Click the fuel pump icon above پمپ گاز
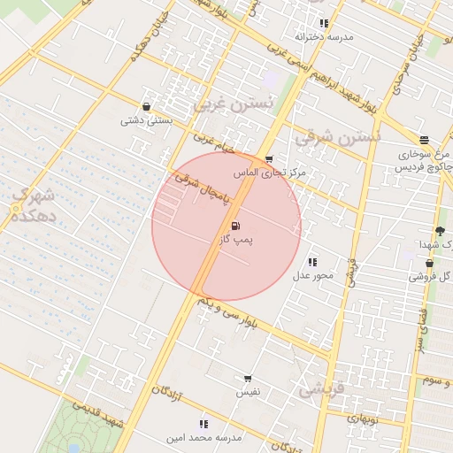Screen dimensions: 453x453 [234, 226]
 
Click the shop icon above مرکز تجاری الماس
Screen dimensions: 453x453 [269, 159]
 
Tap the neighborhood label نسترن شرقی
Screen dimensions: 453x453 [337, 138]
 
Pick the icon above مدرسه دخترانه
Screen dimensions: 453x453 [324, 24]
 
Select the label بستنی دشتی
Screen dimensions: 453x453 [146, 120]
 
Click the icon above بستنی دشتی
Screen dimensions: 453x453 [146, 107]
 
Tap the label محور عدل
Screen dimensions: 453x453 [312, 275]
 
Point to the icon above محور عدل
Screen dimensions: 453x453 [312, 262]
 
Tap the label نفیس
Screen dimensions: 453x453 [248, 390]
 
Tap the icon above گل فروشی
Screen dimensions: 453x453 [429, 263]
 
